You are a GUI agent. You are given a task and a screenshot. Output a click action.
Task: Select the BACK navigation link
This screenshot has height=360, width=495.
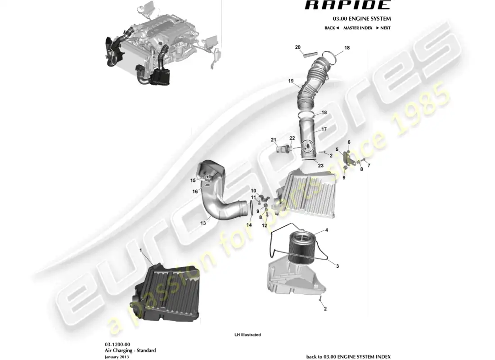click(x=331, y=28)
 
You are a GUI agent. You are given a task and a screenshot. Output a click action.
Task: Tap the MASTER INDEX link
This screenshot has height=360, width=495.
click(x=358, y=28)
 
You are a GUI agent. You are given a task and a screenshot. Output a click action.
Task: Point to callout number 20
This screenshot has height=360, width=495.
click(x=297, y=47)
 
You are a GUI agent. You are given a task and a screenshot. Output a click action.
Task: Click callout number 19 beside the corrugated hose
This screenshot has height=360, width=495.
click(x=291, y=81)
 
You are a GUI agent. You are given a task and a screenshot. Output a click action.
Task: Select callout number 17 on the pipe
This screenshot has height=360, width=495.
click(x=324, y=129)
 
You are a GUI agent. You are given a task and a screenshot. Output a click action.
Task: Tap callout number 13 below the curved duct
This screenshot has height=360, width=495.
click(x=203, y=222)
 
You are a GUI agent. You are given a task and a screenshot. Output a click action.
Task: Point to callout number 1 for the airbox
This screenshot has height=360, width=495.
click(x=141, y=250)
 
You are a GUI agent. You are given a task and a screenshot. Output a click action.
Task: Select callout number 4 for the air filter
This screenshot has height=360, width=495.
click(x=326, y=230)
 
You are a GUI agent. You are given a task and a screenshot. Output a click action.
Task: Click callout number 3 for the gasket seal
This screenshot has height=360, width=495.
click(x=337, y=266)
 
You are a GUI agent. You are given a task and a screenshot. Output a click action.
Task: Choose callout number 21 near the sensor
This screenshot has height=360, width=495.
click(x=273, y=140)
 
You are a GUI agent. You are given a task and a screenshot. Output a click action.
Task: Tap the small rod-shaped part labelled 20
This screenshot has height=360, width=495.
click(x=310, y=56)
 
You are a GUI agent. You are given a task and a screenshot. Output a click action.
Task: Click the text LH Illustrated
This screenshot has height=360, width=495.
click(x=247, y=335)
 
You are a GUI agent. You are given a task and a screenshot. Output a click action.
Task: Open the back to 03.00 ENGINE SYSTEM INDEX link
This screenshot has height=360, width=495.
click(x=348, y=356)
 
